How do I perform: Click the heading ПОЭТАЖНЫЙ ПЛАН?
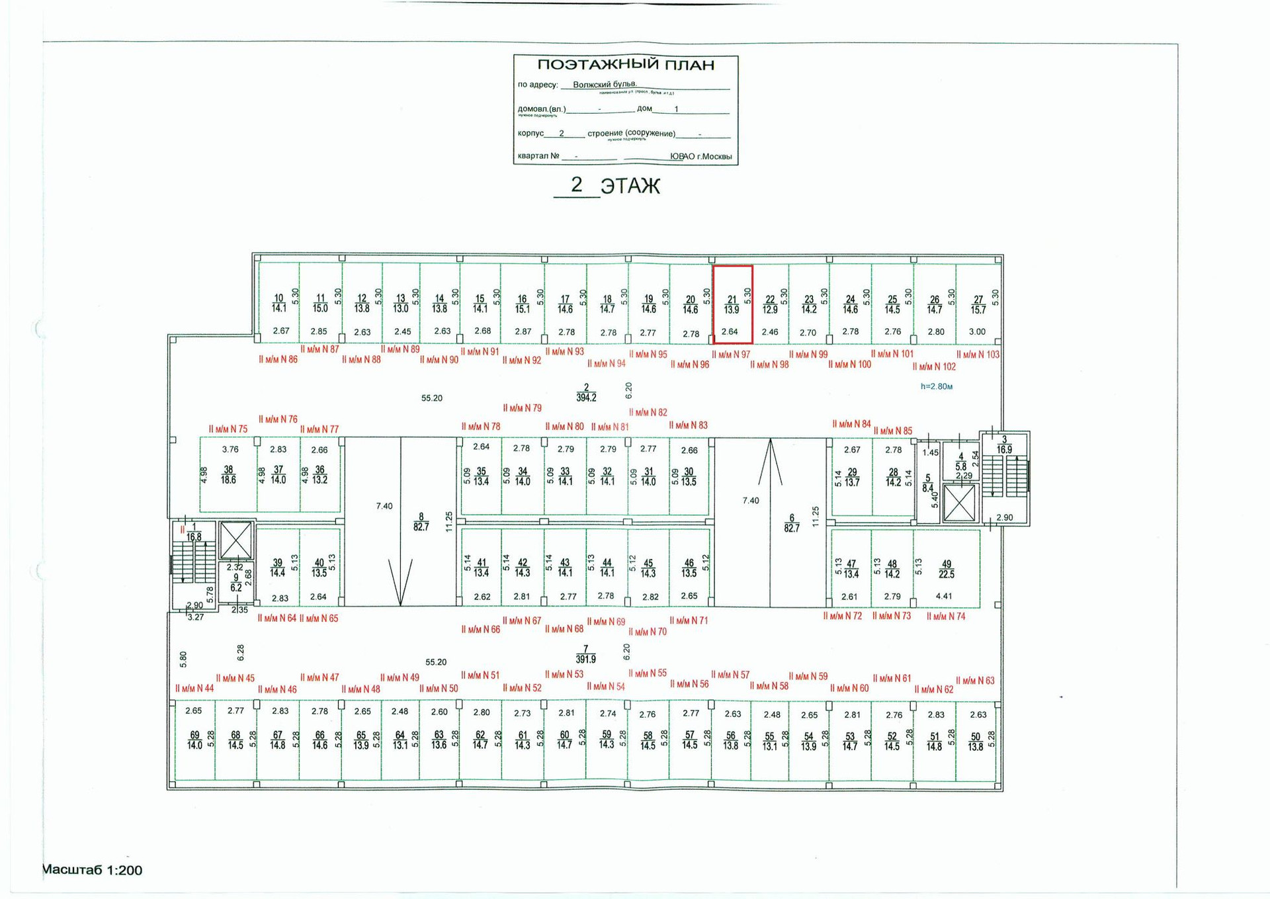[x=625, y=65]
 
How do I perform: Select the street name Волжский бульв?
[x=605, y=85]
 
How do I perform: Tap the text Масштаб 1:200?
[x=92, y=870]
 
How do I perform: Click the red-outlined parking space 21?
[x=732, y=304]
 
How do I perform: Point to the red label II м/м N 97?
[x=731, y=355]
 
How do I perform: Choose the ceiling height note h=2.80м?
[x=936, y=386]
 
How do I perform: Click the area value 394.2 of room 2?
[x=586, y=398]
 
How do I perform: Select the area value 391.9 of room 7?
[x=585, y=660]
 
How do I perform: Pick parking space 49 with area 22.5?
[x=946, y=569]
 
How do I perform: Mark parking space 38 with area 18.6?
[x=228, y=475]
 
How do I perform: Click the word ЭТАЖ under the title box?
[x=630, y=187]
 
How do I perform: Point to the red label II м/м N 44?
[x=194, y=689]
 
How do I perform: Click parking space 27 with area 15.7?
[x=978, y=304]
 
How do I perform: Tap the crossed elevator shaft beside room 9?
[x=235, y=540]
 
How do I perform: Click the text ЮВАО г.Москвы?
[x=700, y=157]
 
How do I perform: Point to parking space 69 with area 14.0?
[x=194, y=740]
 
